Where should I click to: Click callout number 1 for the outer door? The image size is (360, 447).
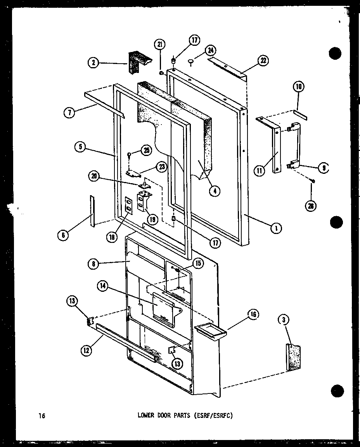[276, 229]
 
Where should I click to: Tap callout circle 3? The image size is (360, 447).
[284, 320]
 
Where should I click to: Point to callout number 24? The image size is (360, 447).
[211, 50]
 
